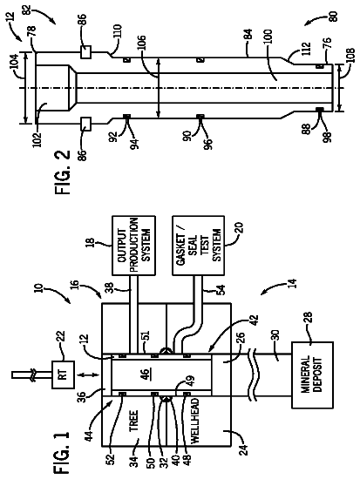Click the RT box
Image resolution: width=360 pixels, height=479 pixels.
(63, 374)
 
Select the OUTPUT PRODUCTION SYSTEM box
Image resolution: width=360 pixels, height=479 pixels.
(133, 246)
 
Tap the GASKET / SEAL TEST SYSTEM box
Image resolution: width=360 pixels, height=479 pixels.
(198, 246)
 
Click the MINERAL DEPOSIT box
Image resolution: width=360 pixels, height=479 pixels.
(312, 375)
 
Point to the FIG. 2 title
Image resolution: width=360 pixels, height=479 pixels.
(62, 172)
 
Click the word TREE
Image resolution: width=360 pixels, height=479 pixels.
(133, 421)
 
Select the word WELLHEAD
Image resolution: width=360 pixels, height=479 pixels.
(195, 421)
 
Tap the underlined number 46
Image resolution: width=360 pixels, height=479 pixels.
(145, 374)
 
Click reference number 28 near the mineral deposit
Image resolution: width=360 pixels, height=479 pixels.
(308, 320)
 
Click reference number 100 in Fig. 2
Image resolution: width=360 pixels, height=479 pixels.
(267, 37)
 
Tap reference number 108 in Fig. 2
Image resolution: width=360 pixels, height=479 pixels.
(350, 55)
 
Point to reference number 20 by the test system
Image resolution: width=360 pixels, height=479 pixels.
(239, 227)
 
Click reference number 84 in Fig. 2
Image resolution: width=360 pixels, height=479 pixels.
(248, 34)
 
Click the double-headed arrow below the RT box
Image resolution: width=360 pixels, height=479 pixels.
(90, 374)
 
